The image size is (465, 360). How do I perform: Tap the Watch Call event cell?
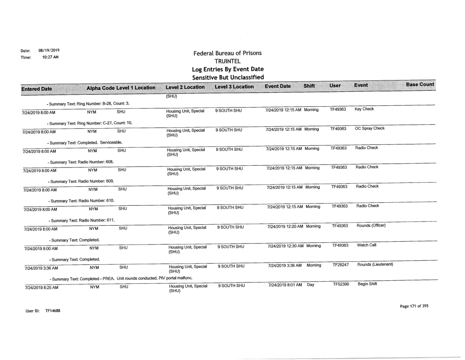366,245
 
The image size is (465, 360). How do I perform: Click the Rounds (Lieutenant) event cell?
374,264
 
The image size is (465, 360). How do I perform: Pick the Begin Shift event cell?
367,285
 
